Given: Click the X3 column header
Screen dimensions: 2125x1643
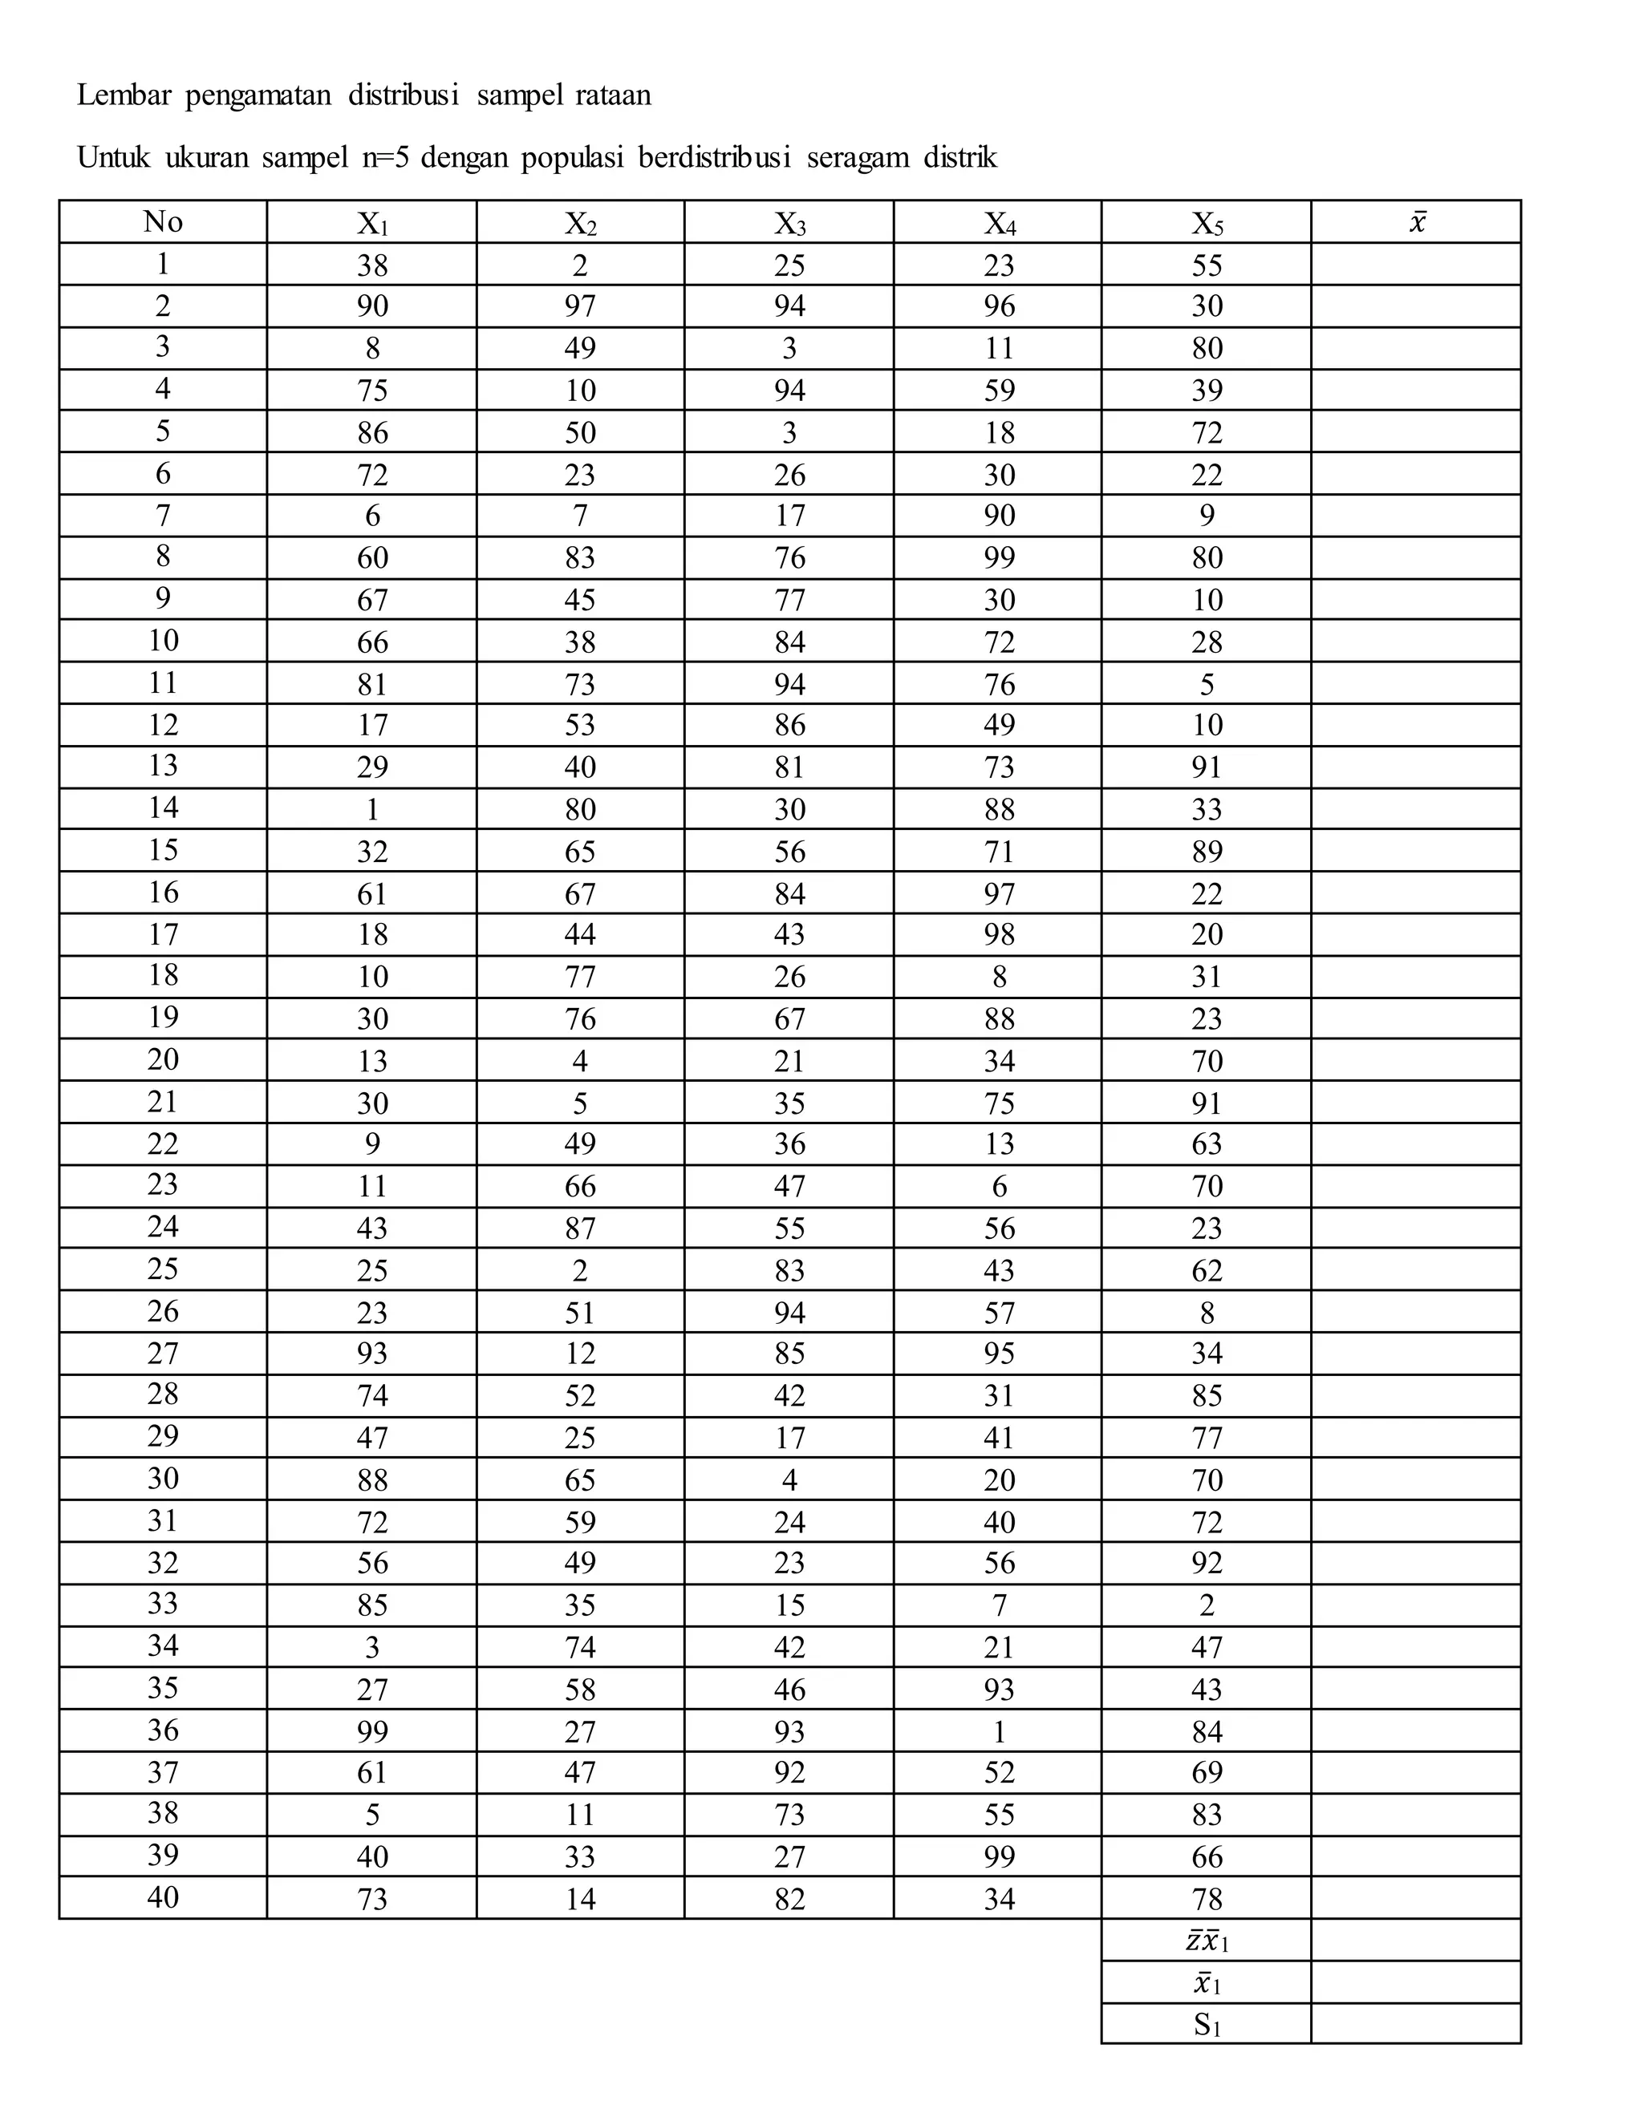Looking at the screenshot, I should pyautogui.click(x=789, y=224).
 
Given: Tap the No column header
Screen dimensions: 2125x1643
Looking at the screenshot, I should pyautogui.click(x=163, y=222).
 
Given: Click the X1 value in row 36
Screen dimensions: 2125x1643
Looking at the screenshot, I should pyautogui.click(x=371, y=1732).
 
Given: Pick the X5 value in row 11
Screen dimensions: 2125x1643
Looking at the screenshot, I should pyautogui.click(x=1207, y=684).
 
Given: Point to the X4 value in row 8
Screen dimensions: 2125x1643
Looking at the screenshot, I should pyautogui.click(x=999, y=557).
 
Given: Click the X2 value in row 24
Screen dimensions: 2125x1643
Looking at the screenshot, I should pyautogui.click(x=580, y=1228).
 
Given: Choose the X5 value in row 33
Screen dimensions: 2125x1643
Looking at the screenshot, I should pyautogui.click(x=1207, y=1605).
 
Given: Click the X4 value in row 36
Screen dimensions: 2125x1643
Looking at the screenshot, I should pyautogui.click(x=999, y=1732).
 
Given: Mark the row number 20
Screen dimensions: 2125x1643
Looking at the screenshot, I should pyautogui.click(x=163, y=1058).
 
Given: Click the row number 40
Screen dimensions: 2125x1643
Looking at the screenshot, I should pyautogui.click(x=163, y=1897).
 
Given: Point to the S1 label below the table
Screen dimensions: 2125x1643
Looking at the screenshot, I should pyautogui.click(x=1207, y=2024).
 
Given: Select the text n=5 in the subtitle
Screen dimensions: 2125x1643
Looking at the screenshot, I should pyautogui.click(x=387, y=158).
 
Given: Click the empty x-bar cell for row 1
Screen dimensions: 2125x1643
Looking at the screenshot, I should pyautogui.click(x=1416, y=265).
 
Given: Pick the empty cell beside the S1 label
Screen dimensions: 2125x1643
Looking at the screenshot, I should pyautogui.click(x=1416, y=2024).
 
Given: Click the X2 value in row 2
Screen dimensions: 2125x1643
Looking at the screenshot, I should pyautogui.click(x=580, y=306).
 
